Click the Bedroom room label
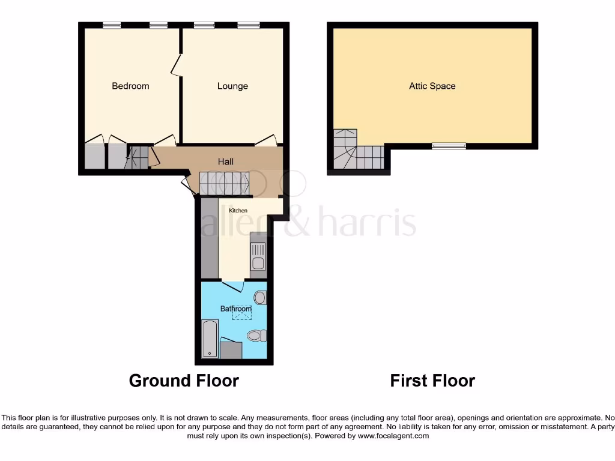click(130, 86)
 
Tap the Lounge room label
click(232, 86)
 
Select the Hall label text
click(225, 161)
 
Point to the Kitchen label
click(238, 211)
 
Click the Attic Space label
click(432, 86)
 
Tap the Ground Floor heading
click(184, 381)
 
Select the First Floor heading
click(432, 381)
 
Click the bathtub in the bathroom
click(209, 339)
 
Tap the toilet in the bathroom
click(255, 336)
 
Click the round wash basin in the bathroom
click(260, 297)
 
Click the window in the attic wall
click(449, 145)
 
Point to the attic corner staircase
click(354, 151)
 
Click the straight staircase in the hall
click(223, 183)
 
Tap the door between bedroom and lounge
click(175, 65)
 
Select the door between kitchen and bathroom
click(232, 285)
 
